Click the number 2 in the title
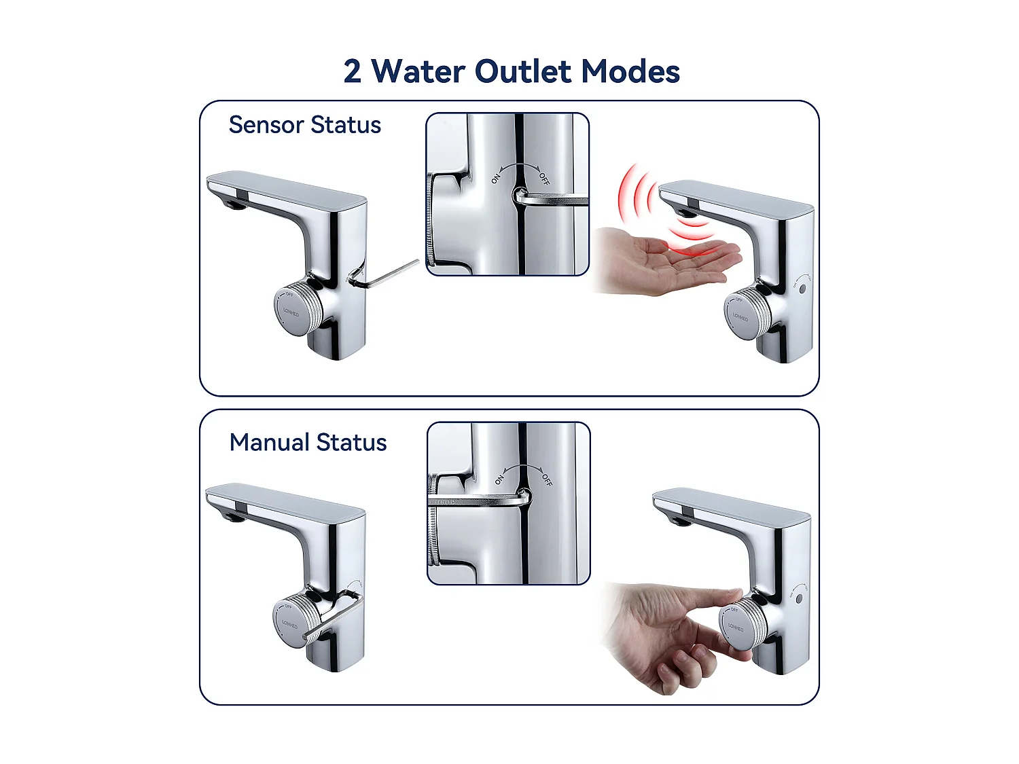click(x=352, y=71)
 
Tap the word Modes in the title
click(x=630, y=71)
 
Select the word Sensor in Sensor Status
click(x=266, y=125)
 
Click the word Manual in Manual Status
click(x=270, y=442)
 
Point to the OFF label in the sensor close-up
click(x=544, y=179)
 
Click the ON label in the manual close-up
click(x=499, y=479)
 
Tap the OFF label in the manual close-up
click(x=547, y=480)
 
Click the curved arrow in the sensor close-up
click(x=520, y=166)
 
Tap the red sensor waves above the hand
click(x=652, y=204)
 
